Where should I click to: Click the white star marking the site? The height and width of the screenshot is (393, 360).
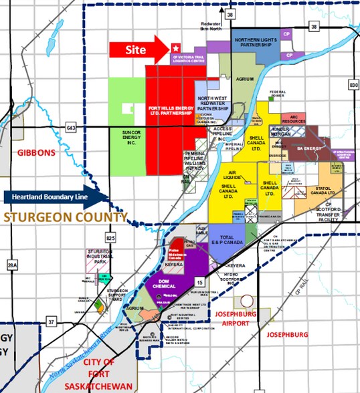[175, 48]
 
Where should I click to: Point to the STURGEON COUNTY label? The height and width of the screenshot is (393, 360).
[64, 218]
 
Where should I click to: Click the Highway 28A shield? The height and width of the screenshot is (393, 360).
[10, 265]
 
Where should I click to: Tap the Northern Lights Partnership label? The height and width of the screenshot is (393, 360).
[254, 43]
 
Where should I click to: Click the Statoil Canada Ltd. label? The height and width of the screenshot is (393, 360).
[327, 191]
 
